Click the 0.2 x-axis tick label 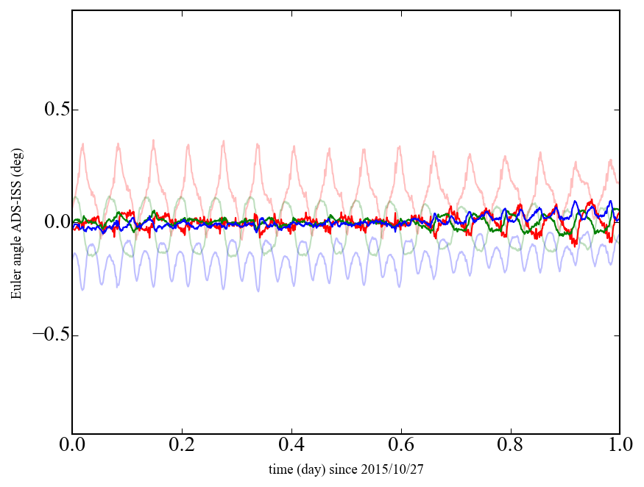click(182, 446)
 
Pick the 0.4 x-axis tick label click(291, 446)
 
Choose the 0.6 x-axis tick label click(400, 446)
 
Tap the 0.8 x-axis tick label click(510, 446)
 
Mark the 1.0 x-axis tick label click(619, 446)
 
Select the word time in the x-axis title click(280, 468)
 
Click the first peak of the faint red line click(83, 144)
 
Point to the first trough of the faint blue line click(82, 289)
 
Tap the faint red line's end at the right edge click(618, 182)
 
